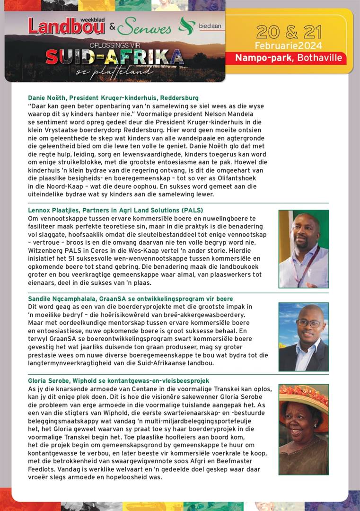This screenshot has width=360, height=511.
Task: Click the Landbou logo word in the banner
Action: [66, 27]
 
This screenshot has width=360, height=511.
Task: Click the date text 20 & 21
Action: [289, 32]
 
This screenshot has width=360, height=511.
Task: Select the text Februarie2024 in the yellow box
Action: [289, 46]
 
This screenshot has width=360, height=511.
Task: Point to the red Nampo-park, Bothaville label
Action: [290, 58]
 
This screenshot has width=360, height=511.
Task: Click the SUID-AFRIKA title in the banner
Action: [114, 58]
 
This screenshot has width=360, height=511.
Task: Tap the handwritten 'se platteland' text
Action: [114, 71]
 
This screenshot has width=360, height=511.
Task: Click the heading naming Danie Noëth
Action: [113, 98]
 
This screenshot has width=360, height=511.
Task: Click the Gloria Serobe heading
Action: [118, 381]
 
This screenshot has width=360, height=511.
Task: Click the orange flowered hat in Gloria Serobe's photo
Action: [303, 396]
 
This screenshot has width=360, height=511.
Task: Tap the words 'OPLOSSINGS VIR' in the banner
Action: [114, 45]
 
